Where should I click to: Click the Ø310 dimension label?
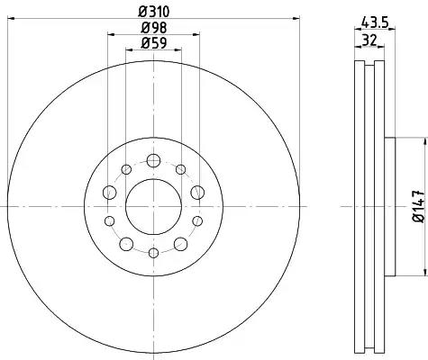coord(154,12)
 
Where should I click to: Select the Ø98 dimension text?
coord(154,28)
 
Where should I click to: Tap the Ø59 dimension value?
coord(154,43)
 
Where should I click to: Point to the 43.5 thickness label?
coord(375,22)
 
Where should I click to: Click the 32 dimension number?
coord(369,40)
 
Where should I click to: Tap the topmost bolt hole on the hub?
coord(153,160)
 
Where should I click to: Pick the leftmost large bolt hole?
coord(109,193)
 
